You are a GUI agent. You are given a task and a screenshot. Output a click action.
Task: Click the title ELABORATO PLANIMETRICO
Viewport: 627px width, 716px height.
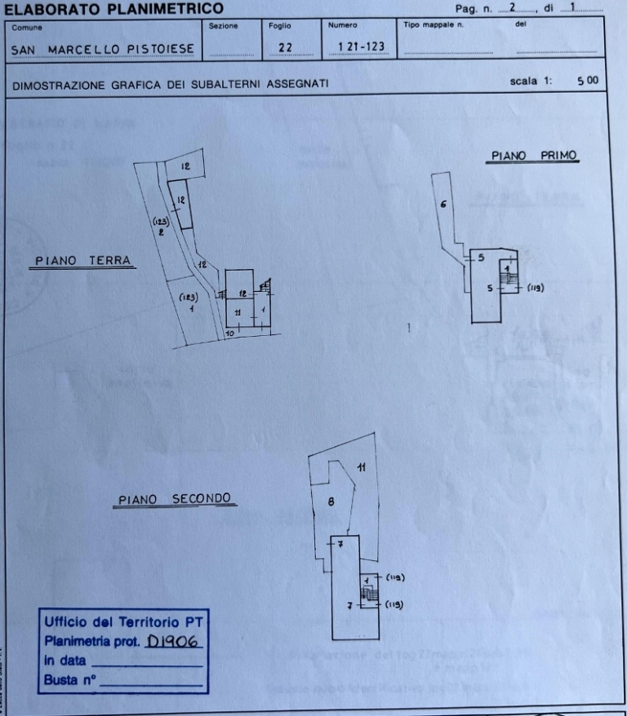pos(113,9)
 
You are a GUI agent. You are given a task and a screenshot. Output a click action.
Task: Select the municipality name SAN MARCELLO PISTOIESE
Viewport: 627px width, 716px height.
pos(103,49)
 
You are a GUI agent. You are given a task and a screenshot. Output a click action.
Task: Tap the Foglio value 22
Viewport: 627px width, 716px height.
pos(284,48)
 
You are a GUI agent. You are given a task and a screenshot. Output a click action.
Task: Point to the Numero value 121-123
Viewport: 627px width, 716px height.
pos(355,48)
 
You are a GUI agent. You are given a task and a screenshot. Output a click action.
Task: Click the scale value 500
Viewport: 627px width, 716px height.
pos(587,81)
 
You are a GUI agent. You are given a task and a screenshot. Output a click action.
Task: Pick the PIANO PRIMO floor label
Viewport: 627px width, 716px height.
pos(534,156)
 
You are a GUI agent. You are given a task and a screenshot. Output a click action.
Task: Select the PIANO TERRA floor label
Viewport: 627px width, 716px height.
pos(82,261)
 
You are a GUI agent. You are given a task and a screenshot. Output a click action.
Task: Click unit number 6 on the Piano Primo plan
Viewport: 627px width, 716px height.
pos(442,204)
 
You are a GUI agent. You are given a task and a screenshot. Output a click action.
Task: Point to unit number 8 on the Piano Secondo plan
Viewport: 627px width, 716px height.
pos(331,502)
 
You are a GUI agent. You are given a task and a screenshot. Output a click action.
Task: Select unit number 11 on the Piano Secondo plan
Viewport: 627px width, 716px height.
pos(361,467)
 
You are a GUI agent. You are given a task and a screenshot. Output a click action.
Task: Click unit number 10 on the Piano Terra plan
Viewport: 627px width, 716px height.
pos(230,333)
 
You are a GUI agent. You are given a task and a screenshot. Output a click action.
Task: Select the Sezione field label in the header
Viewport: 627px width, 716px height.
pos(223,26)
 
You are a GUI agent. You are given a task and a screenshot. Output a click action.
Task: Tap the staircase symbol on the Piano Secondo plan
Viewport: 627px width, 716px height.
pos(369,594)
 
